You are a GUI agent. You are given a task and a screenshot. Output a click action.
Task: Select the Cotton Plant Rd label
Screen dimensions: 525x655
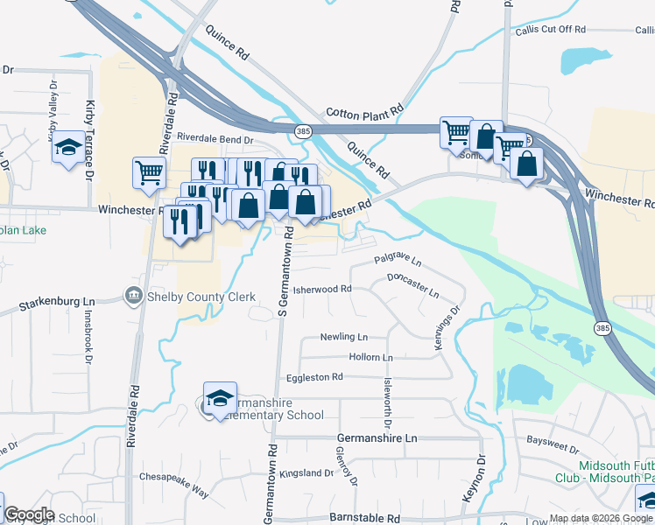pos(363,112)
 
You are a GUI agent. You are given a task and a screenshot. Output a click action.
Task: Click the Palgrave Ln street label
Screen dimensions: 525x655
pos(398,260)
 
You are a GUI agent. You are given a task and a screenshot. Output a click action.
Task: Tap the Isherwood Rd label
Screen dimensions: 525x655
pos(321,289)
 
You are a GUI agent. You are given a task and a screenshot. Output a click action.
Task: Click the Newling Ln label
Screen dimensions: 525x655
pos(343,337)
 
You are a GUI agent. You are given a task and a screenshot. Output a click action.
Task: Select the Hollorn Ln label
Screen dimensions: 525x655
pos(370,358)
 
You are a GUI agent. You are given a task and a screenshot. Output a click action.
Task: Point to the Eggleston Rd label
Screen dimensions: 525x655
pos(313,377)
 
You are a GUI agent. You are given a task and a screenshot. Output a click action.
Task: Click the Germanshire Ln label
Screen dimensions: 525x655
pos(377,437)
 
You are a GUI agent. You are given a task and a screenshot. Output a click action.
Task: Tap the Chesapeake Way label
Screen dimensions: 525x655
pos(174,485)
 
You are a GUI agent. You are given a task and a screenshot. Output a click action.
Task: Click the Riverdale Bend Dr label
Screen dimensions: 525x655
pos(215,138)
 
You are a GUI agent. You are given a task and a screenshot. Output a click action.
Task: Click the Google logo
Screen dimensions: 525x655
pos(29,514)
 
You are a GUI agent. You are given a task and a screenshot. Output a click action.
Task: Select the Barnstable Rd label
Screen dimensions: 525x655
pos(359,518)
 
